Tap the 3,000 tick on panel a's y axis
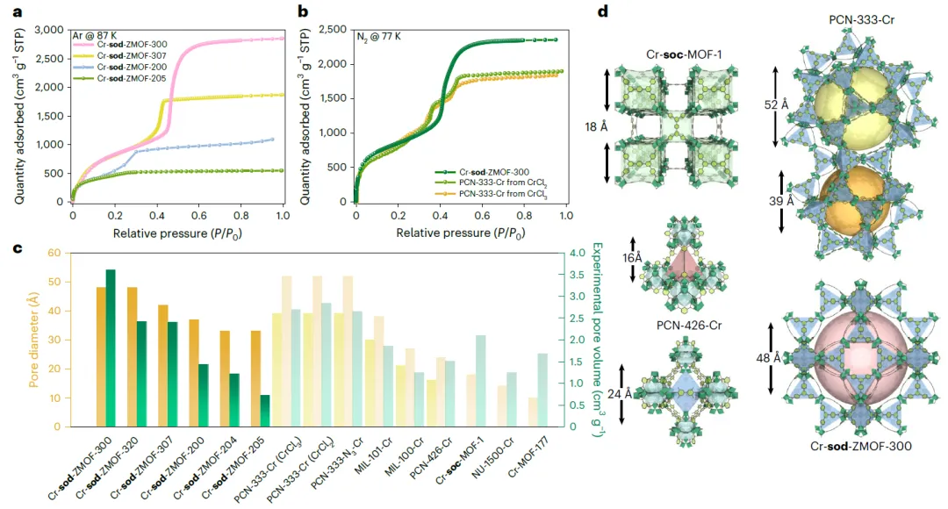(51, 30)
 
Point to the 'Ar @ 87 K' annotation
(96, 34)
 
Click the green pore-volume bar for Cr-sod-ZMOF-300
(111, 348)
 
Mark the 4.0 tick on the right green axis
(573, 254)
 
